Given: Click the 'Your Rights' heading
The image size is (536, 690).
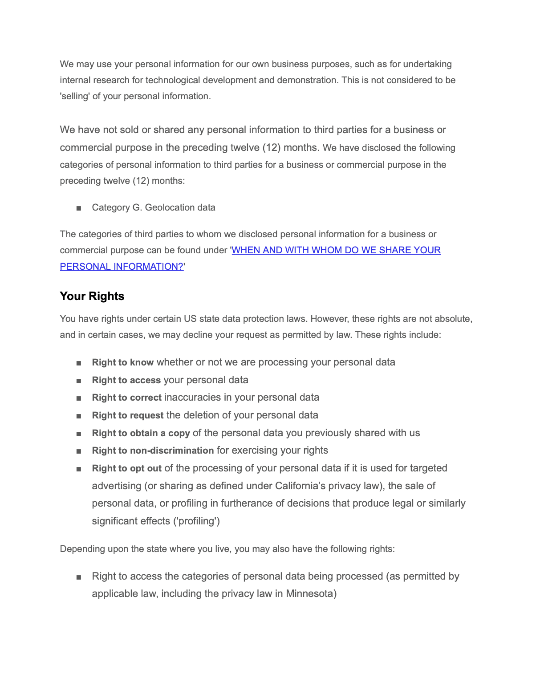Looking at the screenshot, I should pyautogui.click(x=92, y=296).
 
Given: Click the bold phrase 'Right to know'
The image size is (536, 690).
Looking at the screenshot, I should pyautogui.click(x=123, y=362).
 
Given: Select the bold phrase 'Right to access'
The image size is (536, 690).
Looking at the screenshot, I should pyautogui.click(x=126, y=380).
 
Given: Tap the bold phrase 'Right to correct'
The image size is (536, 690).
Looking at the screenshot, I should pyautogui.click(x=126, y=398).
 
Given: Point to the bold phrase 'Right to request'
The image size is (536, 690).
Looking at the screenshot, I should pyautogui.click(x=128, y=415).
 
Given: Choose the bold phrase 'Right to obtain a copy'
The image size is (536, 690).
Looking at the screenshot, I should pyautogui.click(x=141, y=433).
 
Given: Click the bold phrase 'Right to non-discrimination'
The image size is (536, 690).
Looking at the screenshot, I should pyautogui.click(x=153, y=451).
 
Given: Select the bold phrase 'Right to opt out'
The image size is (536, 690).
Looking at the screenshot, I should pyautogui.click(x=127, y=468).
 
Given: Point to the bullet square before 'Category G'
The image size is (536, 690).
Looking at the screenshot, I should pyautogui.click(x=79, y=208).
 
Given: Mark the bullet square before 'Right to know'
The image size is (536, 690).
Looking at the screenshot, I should pyautogui.click(x=79, y=363).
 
